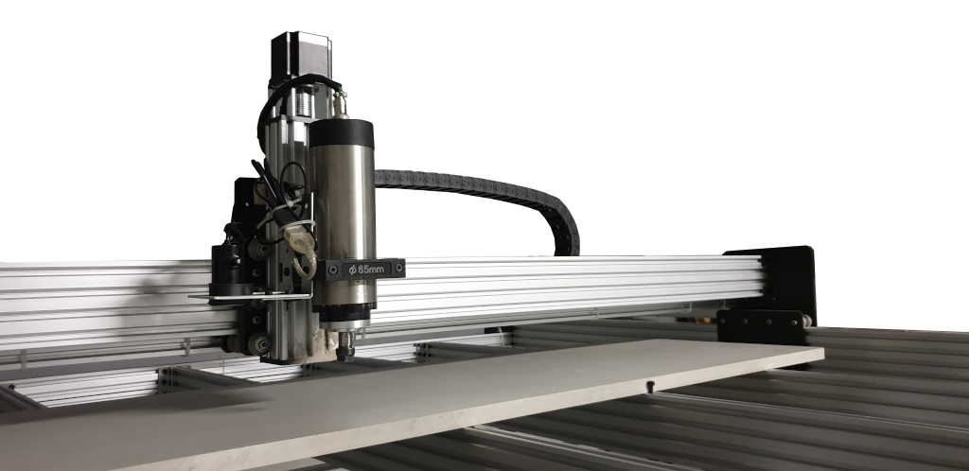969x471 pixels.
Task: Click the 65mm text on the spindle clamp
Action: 369,270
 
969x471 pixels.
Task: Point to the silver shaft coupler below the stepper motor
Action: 303,101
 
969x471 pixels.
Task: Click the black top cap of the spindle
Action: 341,132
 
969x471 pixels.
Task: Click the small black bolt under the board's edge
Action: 650,387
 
